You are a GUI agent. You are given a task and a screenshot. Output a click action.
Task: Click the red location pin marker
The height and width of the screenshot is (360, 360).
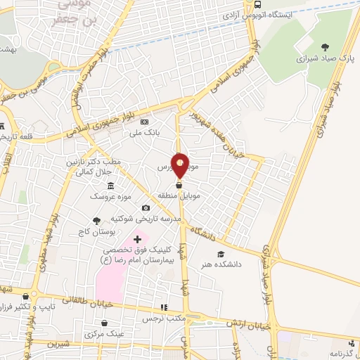pos(180,165)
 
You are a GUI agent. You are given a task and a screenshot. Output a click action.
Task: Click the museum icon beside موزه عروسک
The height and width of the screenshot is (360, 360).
pos(111,185)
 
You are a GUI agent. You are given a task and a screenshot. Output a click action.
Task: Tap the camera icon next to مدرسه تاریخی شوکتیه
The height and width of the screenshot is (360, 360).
pos(146,207)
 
